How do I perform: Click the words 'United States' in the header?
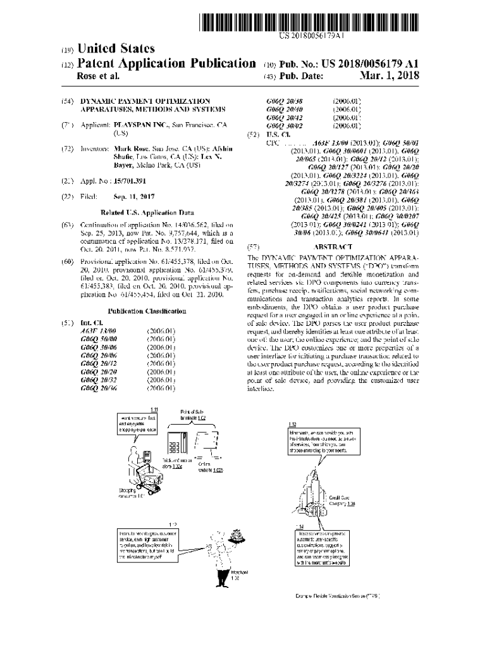click(114, 49)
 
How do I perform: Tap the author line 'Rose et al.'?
click(97, 77)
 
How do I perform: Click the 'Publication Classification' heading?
click(147, 311)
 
